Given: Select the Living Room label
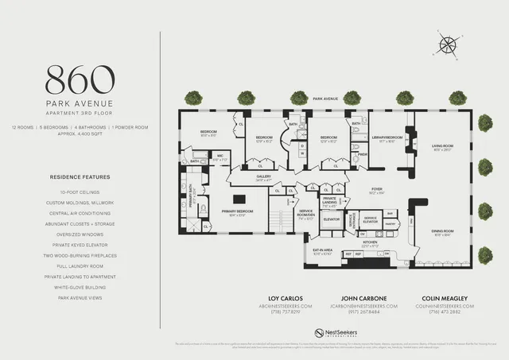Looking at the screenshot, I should (x=442, y=147).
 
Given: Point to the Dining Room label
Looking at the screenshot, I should (x=442, y=232).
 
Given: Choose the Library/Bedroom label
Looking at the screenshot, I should (x=387, y=138).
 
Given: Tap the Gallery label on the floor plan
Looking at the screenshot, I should (x=264, y=179).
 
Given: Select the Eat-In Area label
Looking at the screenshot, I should (x=322, y=252).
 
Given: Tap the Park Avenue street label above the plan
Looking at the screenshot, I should (x=324, y=99).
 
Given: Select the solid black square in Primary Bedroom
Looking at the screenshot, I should (x=237, y=201).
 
